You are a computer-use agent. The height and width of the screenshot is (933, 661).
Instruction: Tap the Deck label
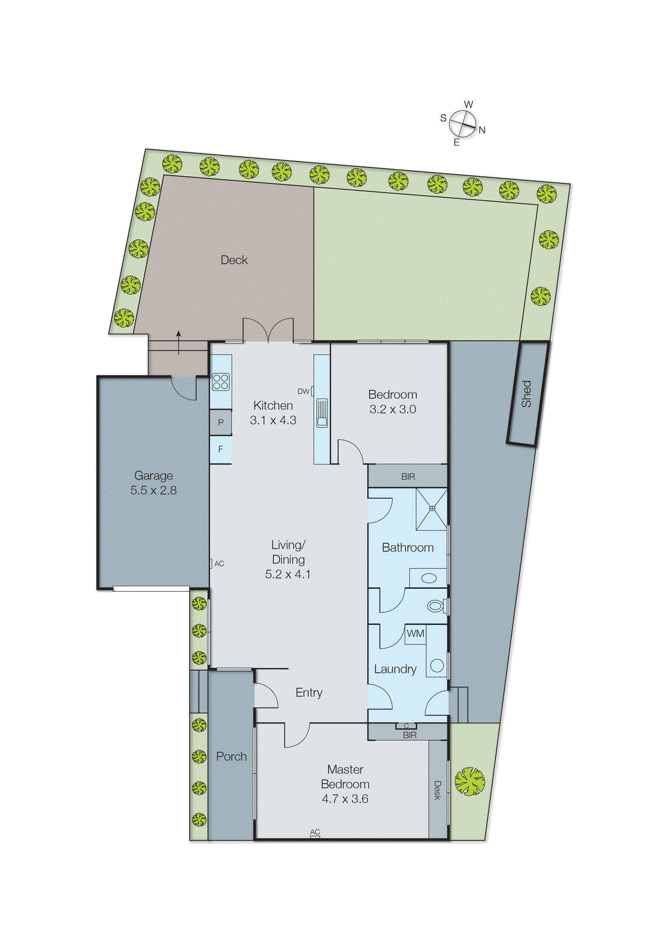point(234,260)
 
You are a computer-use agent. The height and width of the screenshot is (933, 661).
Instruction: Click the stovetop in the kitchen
point(221,382)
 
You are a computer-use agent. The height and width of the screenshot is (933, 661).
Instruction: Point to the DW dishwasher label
point(303,391)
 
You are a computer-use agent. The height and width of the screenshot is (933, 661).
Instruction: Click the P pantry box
point(221,422)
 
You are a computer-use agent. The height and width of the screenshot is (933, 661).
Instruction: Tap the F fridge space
point(221,449)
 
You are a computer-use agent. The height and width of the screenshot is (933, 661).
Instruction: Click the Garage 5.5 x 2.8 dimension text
point(153,490)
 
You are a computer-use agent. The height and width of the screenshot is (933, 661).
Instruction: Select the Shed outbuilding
point(527,394)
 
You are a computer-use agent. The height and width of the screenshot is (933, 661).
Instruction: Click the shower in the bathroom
point(432,509)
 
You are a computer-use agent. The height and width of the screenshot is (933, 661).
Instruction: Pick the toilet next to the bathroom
point(435,606)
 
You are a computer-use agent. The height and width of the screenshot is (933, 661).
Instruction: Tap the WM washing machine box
point(415,634)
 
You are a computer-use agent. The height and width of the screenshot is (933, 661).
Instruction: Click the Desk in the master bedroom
point(437,790)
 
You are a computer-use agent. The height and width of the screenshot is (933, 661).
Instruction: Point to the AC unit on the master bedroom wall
point(315,834)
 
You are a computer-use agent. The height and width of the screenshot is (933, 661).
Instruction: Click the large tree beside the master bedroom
point(469,781)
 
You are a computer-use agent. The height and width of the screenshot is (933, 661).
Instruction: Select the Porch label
point(231,756)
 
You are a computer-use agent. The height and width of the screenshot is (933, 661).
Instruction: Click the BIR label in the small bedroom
point(408,476)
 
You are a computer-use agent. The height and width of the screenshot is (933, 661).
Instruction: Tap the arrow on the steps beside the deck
point(178,342)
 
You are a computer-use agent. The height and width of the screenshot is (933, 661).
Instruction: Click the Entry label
point(309,692)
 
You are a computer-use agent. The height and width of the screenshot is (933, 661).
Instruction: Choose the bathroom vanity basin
point(429,578)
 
